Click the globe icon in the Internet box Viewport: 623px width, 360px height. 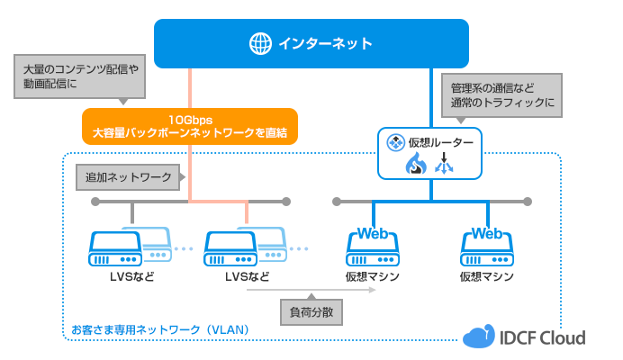click(x=260, y=43)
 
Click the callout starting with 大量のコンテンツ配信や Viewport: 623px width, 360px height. click(x=80, y=76)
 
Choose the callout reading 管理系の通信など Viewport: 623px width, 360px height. click(x=504, y=95)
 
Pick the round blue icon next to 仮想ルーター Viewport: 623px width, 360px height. click(x=393, y=142)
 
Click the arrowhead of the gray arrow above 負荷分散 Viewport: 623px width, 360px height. click(x=372, y=292)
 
